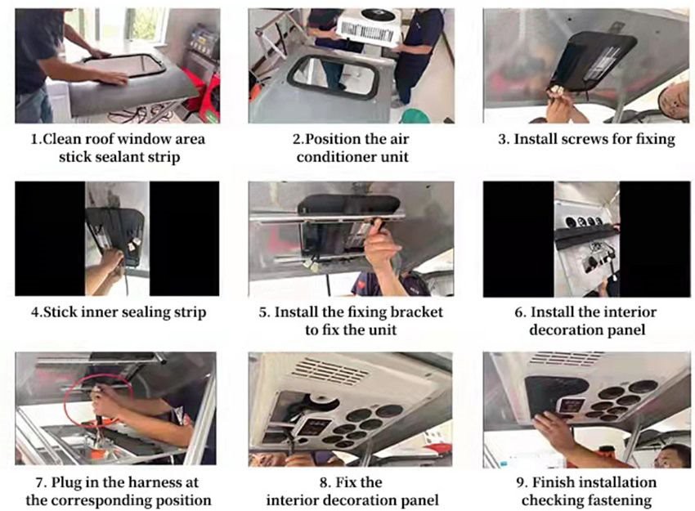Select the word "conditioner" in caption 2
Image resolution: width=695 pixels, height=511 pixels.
331,157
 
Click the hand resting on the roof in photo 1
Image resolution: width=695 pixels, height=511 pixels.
113,78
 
